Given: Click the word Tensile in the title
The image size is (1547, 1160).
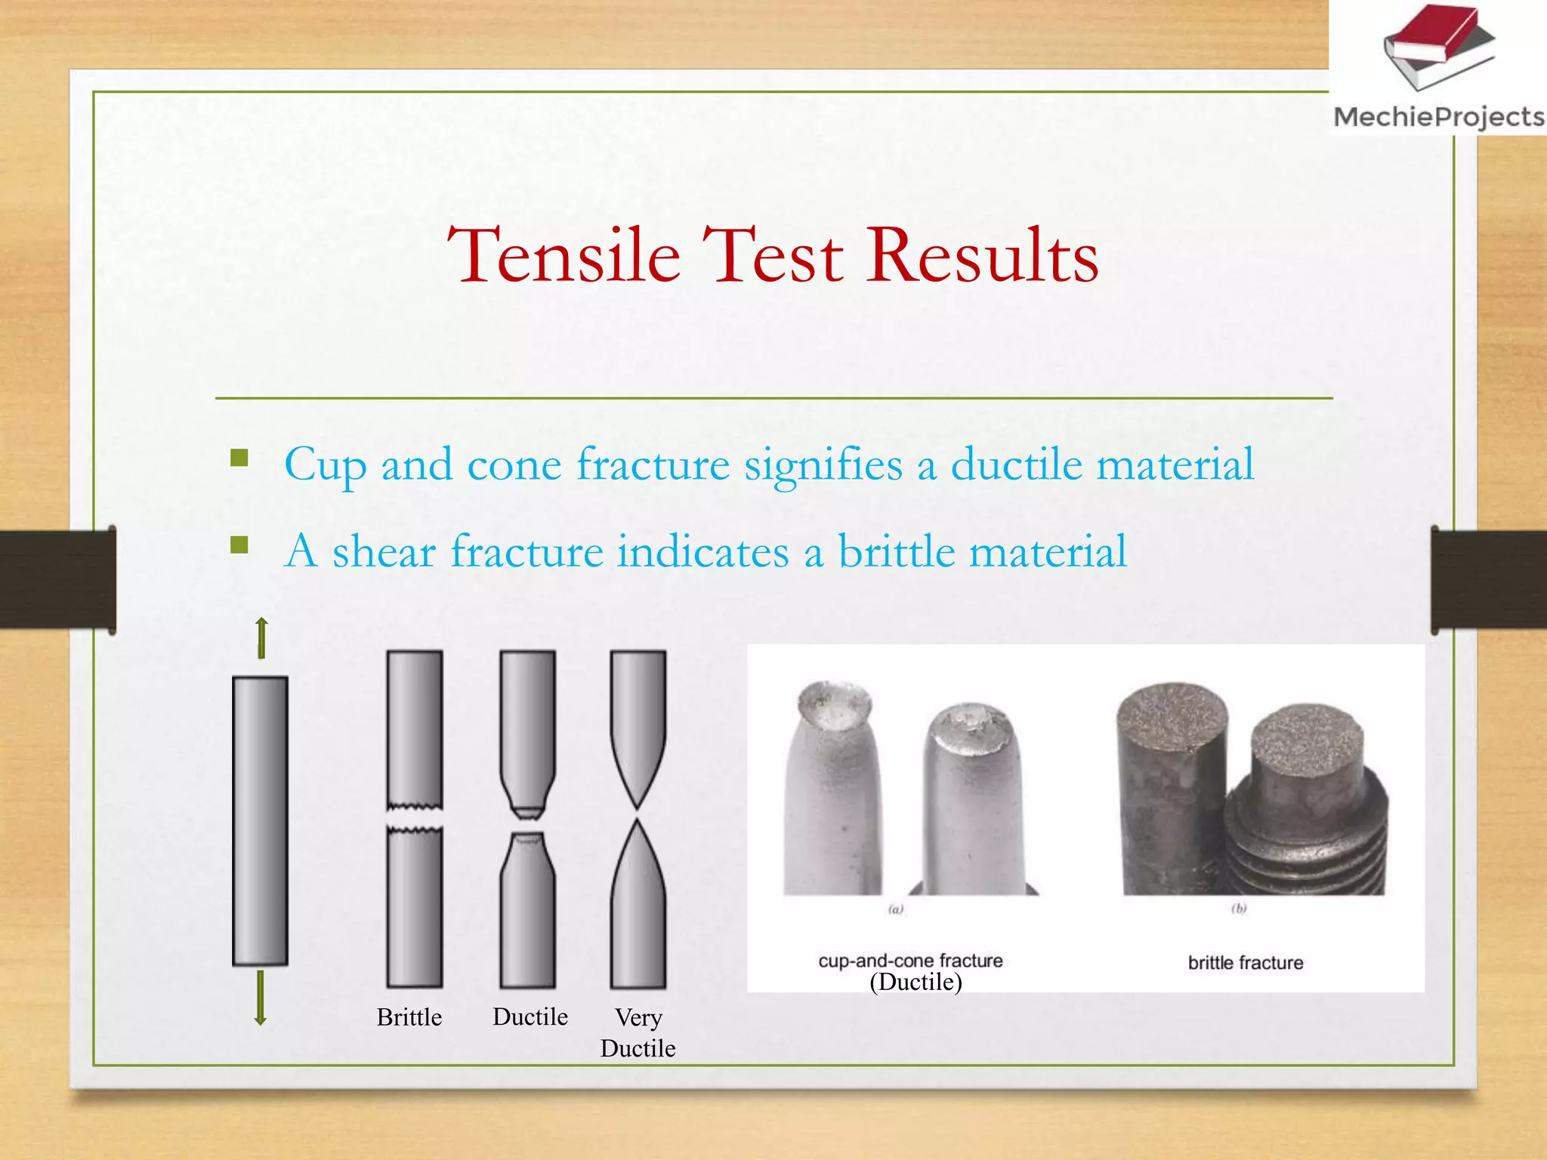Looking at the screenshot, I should pos(564,256).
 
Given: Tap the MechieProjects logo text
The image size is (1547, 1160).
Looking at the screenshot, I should pos(1438,117).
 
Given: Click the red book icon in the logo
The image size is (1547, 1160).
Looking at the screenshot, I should pos(1434,34).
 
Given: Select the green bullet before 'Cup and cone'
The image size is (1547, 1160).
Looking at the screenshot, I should pos(239,458).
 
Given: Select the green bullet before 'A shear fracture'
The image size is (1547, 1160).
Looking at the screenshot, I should pos(239,545).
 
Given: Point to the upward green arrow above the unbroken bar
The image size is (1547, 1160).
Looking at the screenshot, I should pos(261,637).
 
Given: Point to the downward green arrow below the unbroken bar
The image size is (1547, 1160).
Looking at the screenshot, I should pos(261,998).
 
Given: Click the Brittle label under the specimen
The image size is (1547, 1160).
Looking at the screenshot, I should pos(409,1017).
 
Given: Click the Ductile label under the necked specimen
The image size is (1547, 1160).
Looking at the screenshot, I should pos(530,1017).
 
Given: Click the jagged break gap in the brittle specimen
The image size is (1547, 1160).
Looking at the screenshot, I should pos(415,818).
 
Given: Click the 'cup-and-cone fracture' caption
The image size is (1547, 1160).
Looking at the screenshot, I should pos(910,961).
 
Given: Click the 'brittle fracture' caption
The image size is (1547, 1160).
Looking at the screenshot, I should pos(1246,963).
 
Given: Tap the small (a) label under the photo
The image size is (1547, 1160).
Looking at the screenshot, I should pos(896,909).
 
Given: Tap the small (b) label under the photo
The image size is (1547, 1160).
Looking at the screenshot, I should pos(1239,909).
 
